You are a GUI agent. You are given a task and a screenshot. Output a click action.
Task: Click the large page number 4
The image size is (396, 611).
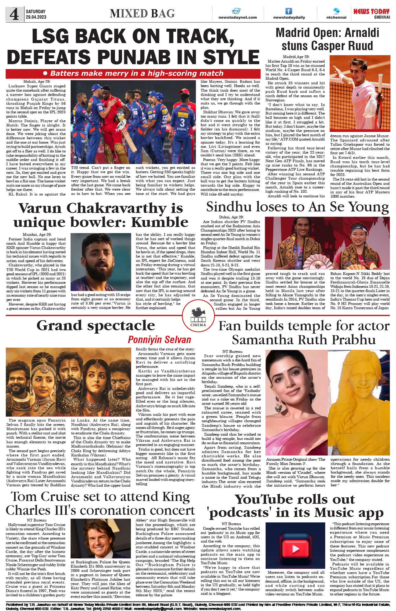point(14,14)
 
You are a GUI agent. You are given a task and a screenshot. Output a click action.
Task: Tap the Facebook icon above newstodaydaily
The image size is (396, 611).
point(289,11)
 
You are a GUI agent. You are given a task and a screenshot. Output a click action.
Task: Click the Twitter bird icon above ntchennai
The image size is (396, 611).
point(336,11)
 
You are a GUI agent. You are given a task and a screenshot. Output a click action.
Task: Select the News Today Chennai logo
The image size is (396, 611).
point(371,13)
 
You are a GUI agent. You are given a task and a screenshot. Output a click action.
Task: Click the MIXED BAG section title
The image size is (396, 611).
point(142,14)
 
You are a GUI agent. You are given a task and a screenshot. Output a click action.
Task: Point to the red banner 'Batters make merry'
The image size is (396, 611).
point(133,73)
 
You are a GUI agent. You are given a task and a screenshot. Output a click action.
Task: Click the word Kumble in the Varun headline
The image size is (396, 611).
point(160,222)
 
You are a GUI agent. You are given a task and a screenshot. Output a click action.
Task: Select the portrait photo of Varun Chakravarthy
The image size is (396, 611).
point(101,262)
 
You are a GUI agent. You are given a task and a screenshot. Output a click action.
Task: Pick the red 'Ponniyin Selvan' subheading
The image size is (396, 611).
point(159,340)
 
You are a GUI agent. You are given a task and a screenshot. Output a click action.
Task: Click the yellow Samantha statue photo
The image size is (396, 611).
point(359,403)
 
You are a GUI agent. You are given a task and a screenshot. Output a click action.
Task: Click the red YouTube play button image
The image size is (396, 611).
point(295,549)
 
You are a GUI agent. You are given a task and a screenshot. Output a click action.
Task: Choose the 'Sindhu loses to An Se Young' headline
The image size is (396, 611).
point(297,207)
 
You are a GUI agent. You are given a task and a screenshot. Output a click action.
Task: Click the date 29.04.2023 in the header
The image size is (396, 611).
point(36,17)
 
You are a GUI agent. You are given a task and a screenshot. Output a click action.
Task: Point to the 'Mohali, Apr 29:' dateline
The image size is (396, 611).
point(37,82)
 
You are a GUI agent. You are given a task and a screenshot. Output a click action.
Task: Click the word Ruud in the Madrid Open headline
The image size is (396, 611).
point(358,46)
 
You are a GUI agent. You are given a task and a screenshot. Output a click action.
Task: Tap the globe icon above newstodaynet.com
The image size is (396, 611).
point(236,11)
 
